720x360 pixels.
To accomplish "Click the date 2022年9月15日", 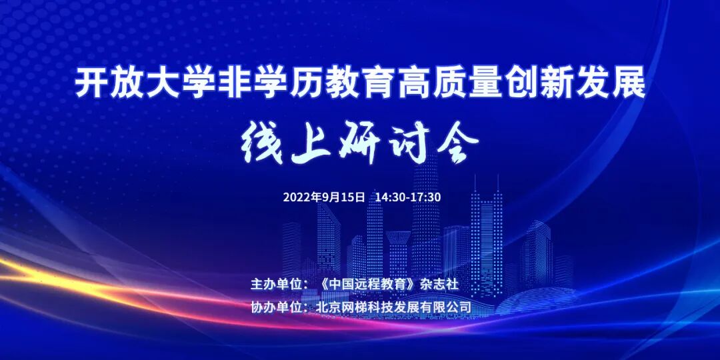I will pos(324,197).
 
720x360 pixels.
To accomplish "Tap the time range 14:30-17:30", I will pos(408,197).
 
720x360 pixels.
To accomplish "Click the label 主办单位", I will pos(274,284).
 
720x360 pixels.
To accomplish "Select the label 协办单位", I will pos(274,307).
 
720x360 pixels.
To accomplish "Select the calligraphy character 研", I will pos(360,143).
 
